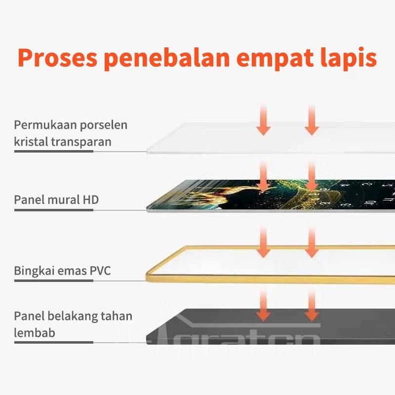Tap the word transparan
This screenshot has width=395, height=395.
click(x=81, y=142)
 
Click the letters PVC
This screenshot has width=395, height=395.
click(x=100, y=271)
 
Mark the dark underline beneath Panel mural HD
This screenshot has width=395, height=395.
click(x=53, y=210)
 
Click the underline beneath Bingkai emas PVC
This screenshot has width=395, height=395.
click(x=53, y=281)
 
